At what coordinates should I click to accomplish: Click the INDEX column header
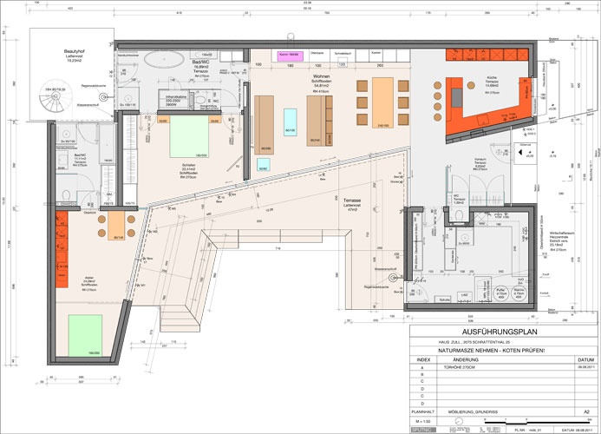422,358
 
